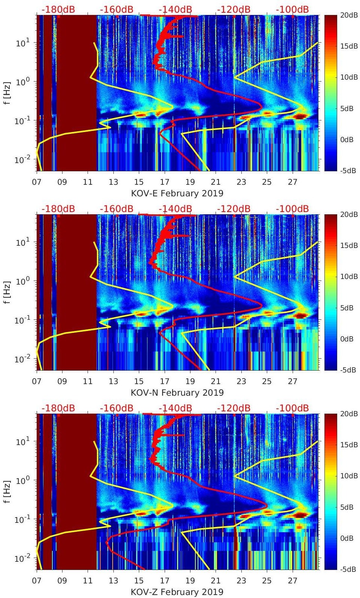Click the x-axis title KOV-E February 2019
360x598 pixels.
(x=177, y=193)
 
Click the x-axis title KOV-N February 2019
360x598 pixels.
(x=177, y=393)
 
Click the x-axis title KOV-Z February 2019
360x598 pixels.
(x=177, y=592)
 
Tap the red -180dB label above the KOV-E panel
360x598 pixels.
(x=58, y=9)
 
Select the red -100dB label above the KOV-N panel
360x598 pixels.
(x=292, y=209)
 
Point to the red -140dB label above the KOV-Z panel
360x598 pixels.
(x=175, y=408)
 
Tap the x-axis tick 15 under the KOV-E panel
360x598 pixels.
(x=139, y=182)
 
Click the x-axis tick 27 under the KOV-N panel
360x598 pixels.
(x=293, y=381)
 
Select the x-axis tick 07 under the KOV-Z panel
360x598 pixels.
(x=37, y=581)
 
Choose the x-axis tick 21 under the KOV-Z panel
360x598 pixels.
(x=216, y=581)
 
